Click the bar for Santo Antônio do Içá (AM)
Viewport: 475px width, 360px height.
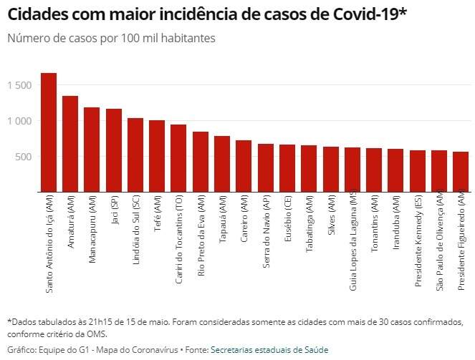pos(49,132)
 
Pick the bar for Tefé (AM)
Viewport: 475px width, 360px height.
pos(157,156)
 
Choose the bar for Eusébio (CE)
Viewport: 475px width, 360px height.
pos(287,168)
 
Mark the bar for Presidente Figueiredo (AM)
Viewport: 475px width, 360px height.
pos(461,172)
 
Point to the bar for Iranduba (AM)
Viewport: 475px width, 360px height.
pos(395,170)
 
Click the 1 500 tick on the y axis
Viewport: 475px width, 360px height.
pos(20,85)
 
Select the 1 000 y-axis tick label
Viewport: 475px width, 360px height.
pos(20,121)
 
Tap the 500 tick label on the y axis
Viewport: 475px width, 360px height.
pos(24,157)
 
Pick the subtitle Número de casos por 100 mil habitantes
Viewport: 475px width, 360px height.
pos(111,38)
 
